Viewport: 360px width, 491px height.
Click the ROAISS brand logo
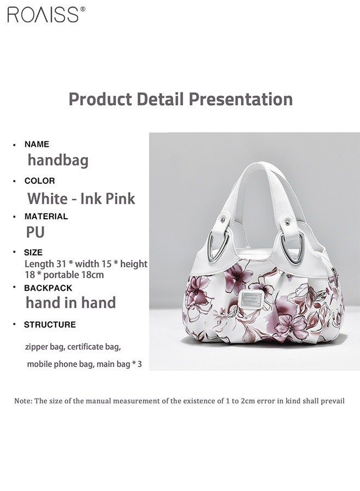click(x=43, y=14)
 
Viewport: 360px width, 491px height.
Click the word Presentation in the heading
click(x=241, y=99)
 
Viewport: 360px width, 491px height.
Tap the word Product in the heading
click(x=100, y=99)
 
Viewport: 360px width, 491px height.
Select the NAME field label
click(x=37, y=144)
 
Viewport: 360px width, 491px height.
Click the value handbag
click(x=58, y=160)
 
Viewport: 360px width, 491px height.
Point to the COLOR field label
click(x=39, y=181)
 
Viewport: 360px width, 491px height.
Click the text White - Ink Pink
click(x=81, y=198)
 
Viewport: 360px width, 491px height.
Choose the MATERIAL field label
click(x=46, y=216)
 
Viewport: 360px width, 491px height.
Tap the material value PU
click(x=35, y=232)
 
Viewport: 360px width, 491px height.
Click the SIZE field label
click(x=33, y=253)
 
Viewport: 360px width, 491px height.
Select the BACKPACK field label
click(x=48, y=288)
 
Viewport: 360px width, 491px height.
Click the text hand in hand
click(x=71, y=303)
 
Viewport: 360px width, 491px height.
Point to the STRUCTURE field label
click(x=50, y=325)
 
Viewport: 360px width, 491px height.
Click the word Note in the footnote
click(x=23, y=401)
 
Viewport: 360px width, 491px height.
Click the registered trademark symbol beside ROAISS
click(x=82, y=9)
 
